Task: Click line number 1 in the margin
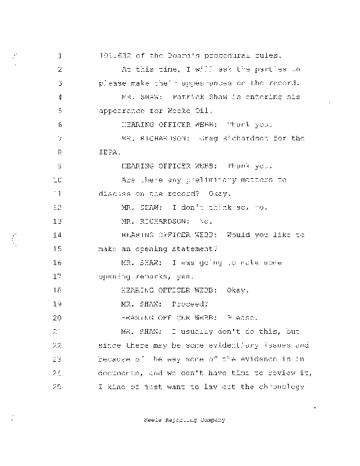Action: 60,57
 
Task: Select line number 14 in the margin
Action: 58,235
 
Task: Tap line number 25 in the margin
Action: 58,386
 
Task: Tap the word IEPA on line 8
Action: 108,152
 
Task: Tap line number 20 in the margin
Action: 58,317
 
